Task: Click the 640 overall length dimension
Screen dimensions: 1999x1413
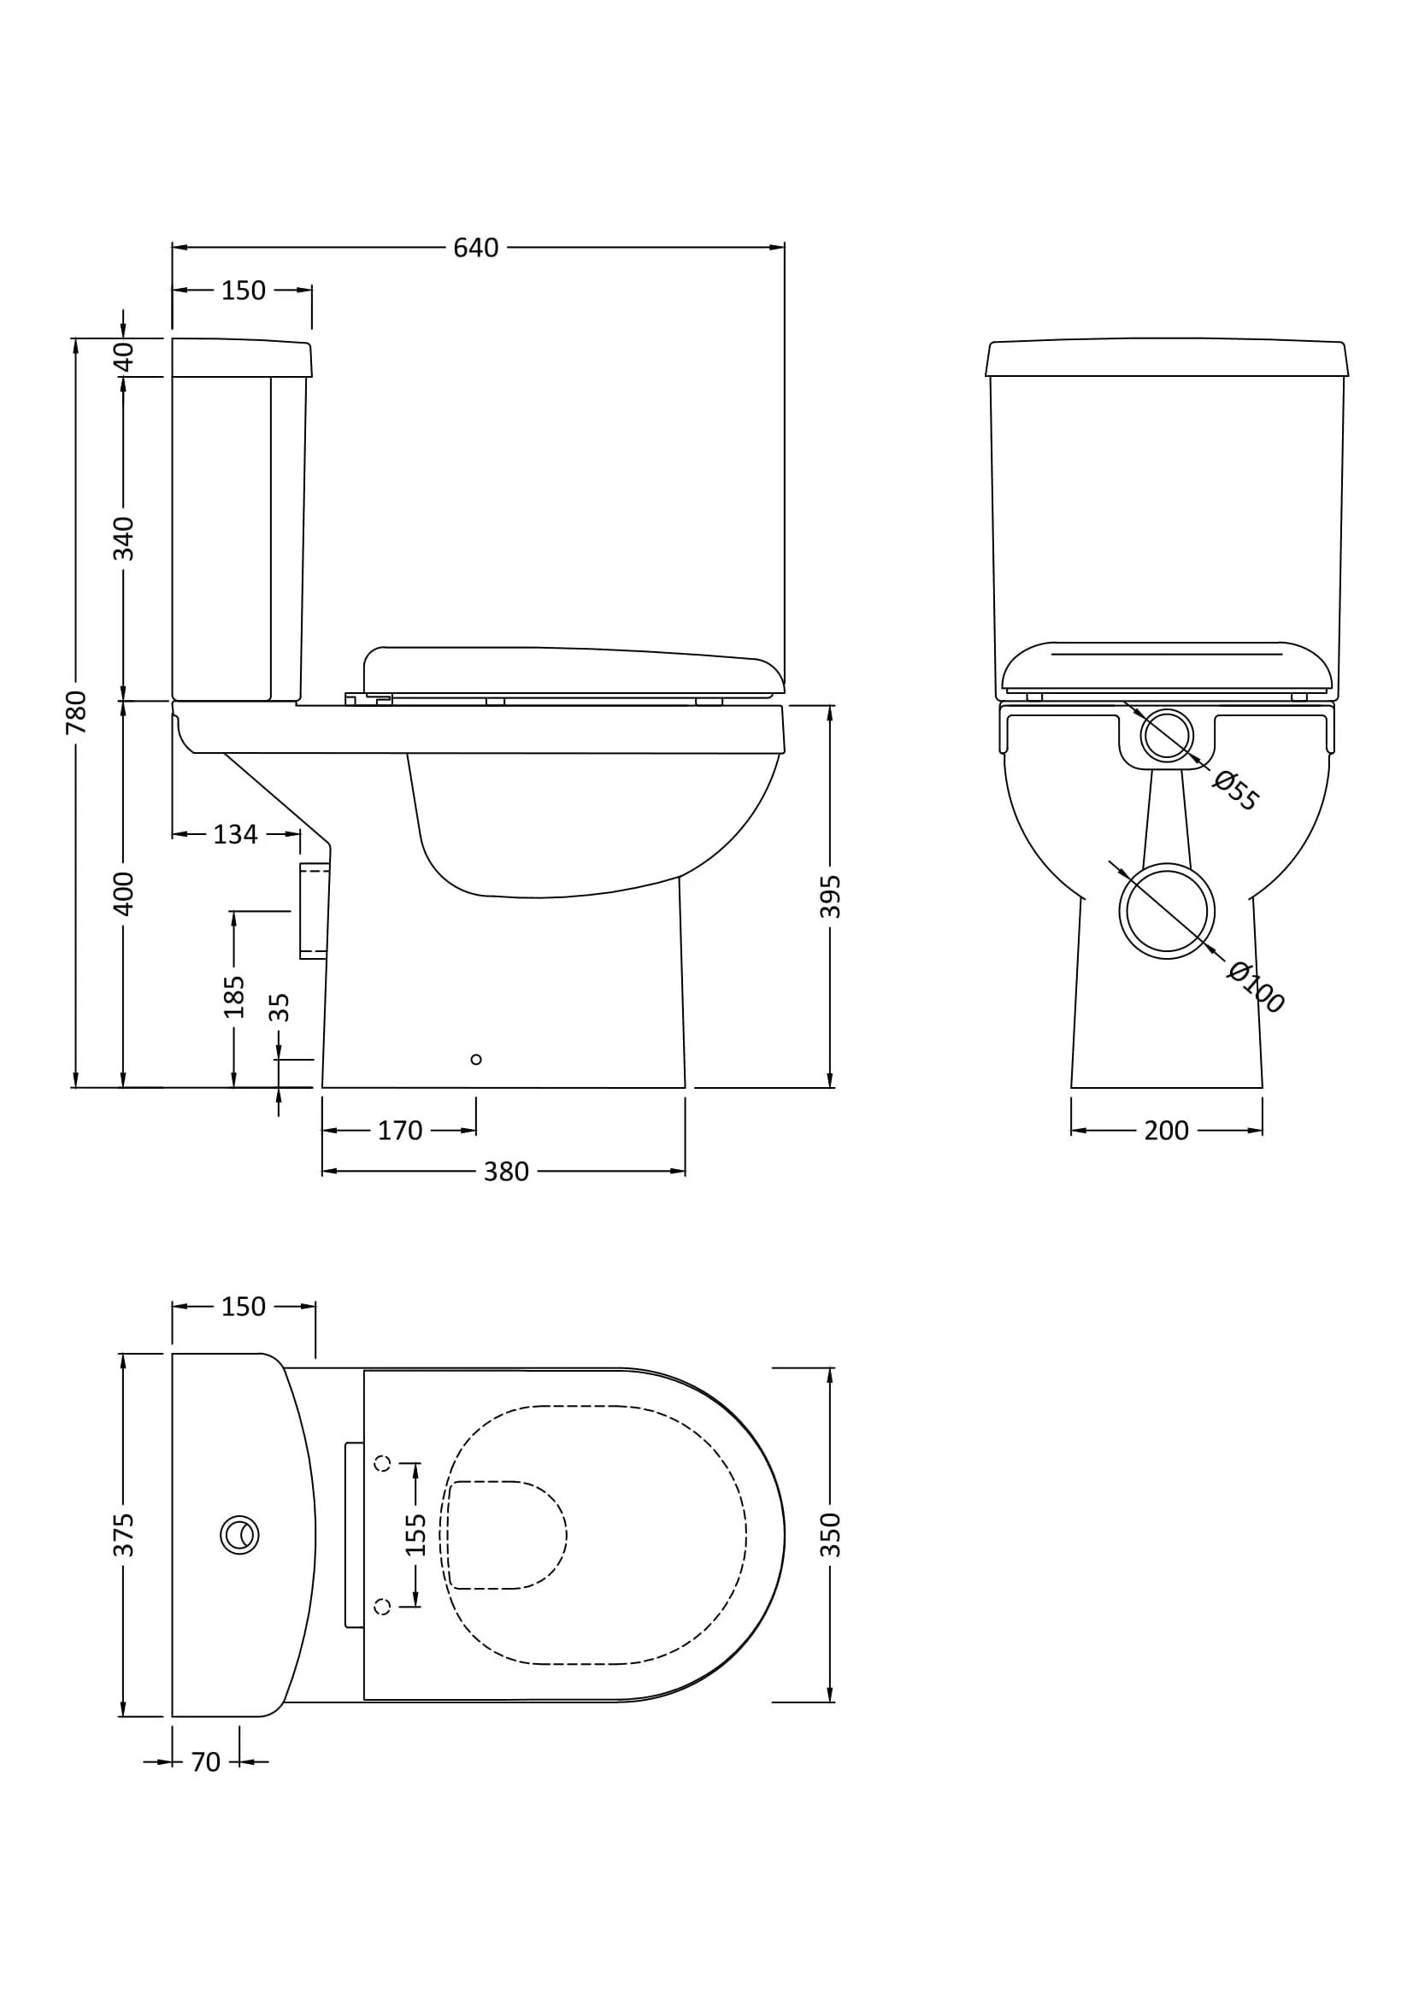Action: [x=475, y=248]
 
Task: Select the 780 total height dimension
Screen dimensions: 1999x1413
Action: [x=77, y=711]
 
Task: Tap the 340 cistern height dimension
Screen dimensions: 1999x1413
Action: [x=124, y=538]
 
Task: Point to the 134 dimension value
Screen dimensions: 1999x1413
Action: [x=235, y=834]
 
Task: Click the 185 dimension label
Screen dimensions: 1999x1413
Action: [x=234, y=997]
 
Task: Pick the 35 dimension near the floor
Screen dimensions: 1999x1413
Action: [x=279, y=1008]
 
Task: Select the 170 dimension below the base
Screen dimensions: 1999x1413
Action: [x=399, y=1131]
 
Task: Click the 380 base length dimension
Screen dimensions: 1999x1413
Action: [x=506, y=1172]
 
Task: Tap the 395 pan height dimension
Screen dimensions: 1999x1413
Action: [x=831, y=896]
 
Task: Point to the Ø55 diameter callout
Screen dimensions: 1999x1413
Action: [x=1235, y=791]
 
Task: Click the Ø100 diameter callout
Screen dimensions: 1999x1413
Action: [x=1255, y=986]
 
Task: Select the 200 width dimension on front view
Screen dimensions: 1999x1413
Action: [x=1166, y=1131]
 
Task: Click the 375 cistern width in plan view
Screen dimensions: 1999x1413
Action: [x=124, y=1535]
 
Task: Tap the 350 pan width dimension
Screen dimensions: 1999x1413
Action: [x=831, y=1535]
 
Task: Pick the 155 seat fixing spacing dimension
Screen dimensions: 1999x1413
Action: [x=416, y=1535]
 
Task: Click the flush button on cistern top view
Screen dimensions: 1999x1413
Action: [x=239, y=1535]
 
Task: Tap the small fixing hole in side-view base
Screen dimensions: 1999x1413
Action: [x=475, y=1060]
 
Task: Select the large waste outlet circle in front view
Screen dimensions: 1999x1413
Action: [x=1166, y=912]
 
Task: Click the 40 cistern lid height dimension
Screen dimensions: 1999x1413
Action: [x=124, y=357]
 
